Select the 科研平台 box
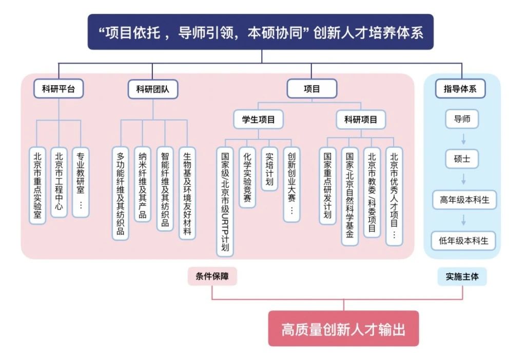point(59,89)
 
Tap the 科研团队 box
point(153,89)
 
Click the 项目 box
point(311,89)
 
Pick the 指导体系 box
point(460,89)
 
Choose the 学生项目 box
point(258,119)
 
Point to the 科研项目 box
point(361,119)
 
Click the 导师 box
point(462,119)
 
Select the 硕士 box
point(462,159)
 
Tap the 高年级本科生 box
point(464,200)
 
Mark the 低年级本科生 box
point(464,240)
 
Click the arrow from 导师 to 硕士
point(462,139)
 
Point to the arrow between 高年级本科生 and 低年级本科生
point(462,220)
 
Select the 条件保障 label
point(212,276)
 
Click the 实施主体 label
point(462,276)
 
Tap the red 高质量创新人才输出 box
point(343,329)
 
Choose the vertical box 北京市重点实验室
point(37,185)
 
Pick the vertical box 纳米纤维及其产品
point(142,184)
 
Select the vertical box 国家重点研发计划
point(327,185)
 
